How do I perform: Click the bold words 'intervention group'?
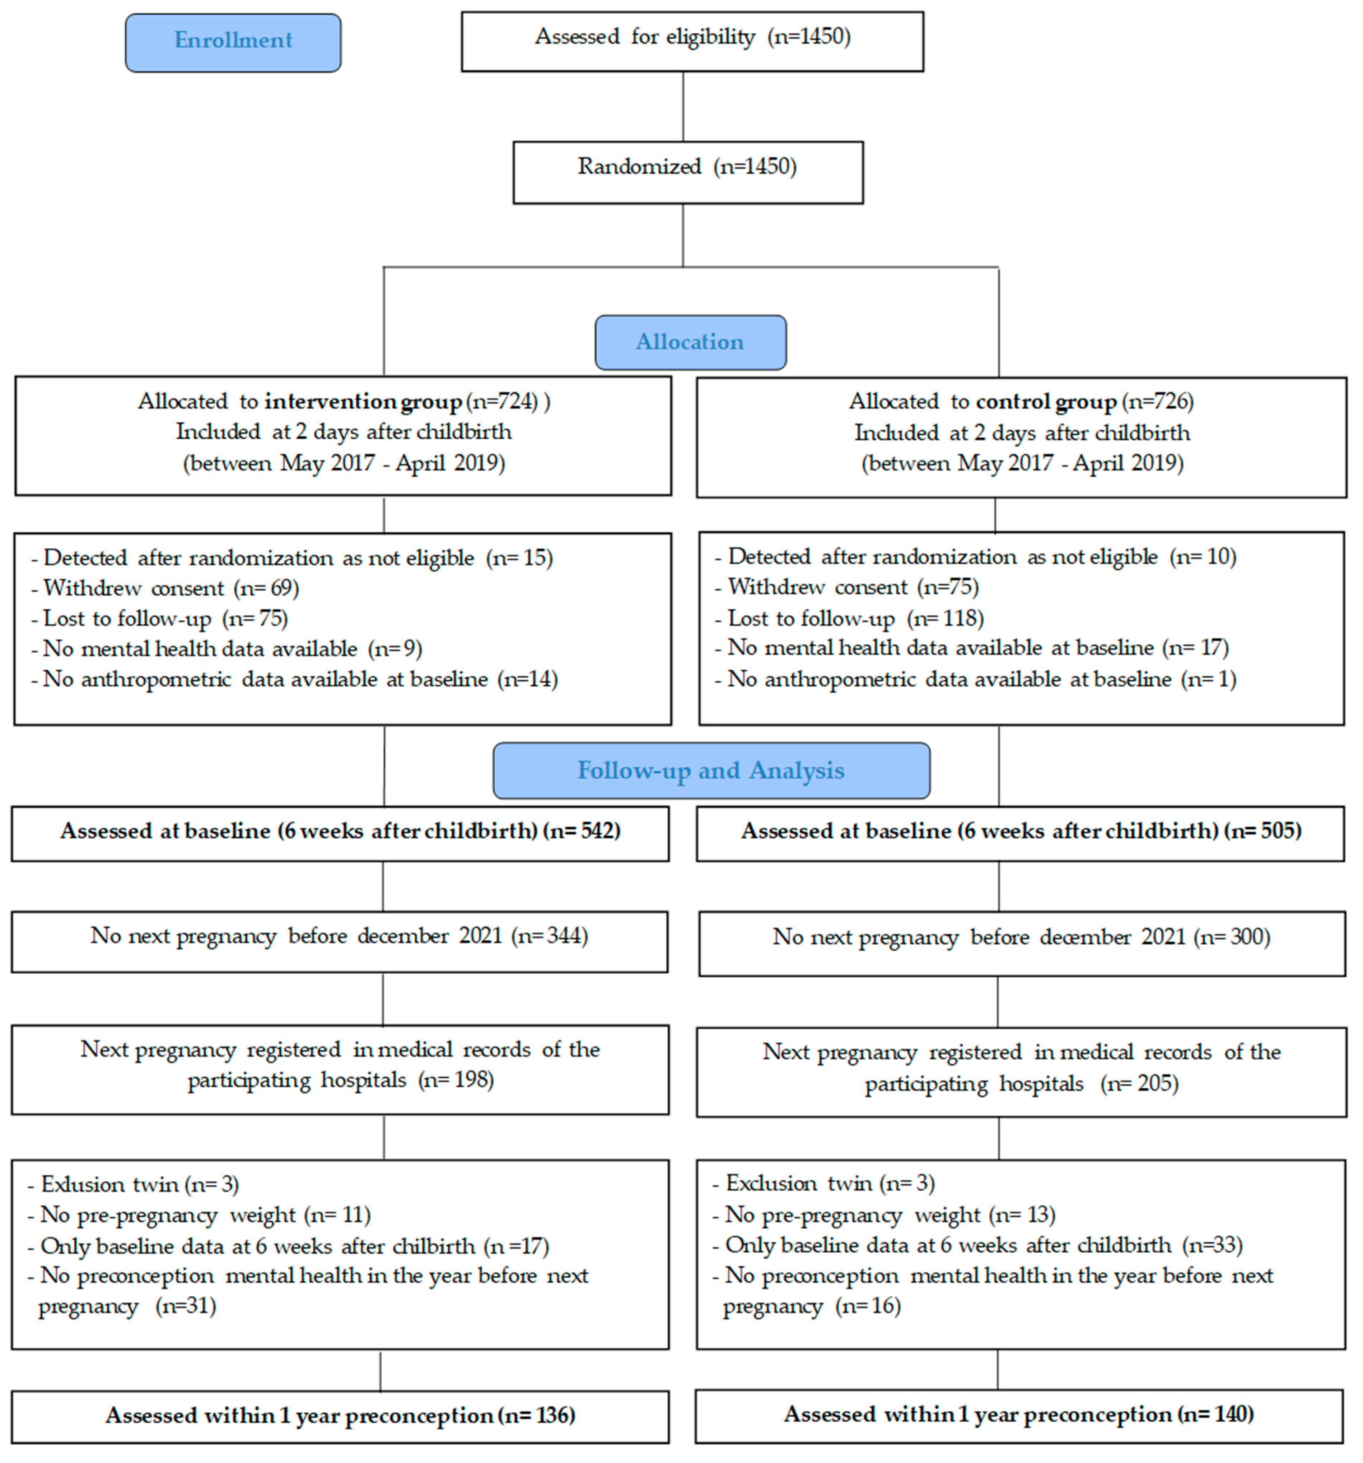[x=363, y=402]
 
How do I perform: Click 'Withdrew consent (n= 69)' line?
[x=171, y=588]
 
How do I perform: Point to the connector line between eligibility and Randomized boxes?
[x=683, y=107]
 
